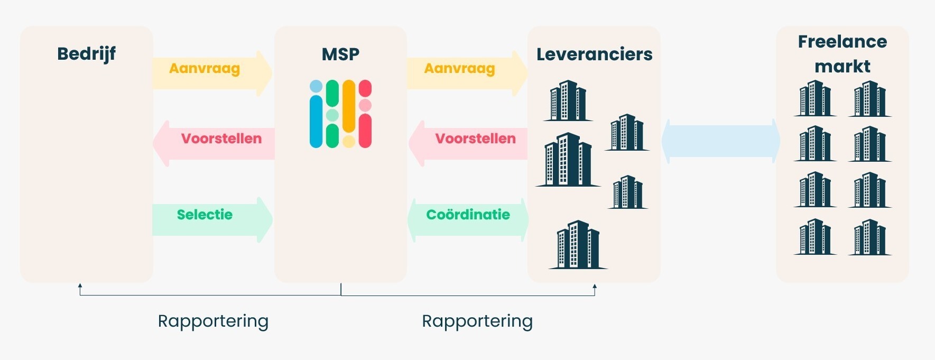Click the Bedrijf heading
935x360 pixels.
(x=86, y=54)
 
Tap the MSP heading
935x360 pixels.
(x=340, y=54)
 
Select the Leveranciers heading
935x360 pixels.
(x=594, y=54)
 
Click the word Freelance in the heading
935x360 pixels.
(x=842, y=42)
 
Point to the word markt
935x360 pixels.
(x=842, y=67)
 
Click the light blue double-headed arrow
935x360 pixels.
(x=720, y=141)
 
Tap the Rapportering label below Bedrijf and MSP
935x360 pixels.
(x=213, y=321)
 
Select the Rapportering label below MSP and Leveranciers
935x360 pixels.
(x=477, y=321)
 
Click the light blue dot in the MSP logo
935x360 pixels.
(x=316, y=86)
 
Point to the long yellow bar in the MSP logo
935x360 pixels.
(x=349, y=106)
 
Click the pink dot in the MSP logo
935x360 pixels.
(x=365, y=106)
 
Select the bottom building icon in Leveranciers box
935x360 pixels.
(x=578, y=245)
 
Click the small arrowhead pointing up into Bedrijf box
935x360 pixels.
(x=80, y=286)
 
